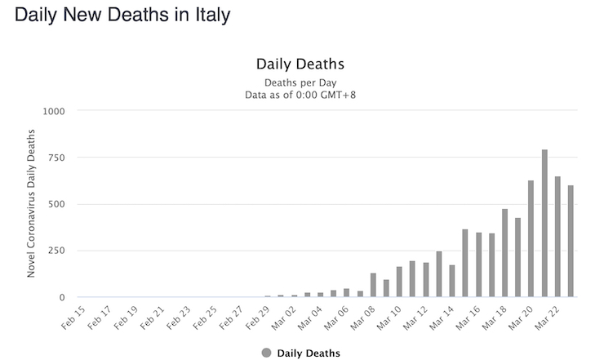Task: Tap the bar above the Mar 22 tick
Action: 557,236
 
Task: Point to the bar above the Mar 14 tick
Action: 452,280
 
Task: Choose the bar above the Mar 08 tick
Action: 373,284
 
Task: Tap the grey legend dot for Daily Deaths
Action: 266,353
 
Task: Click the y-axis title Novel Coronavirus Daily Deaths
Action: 31,202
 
